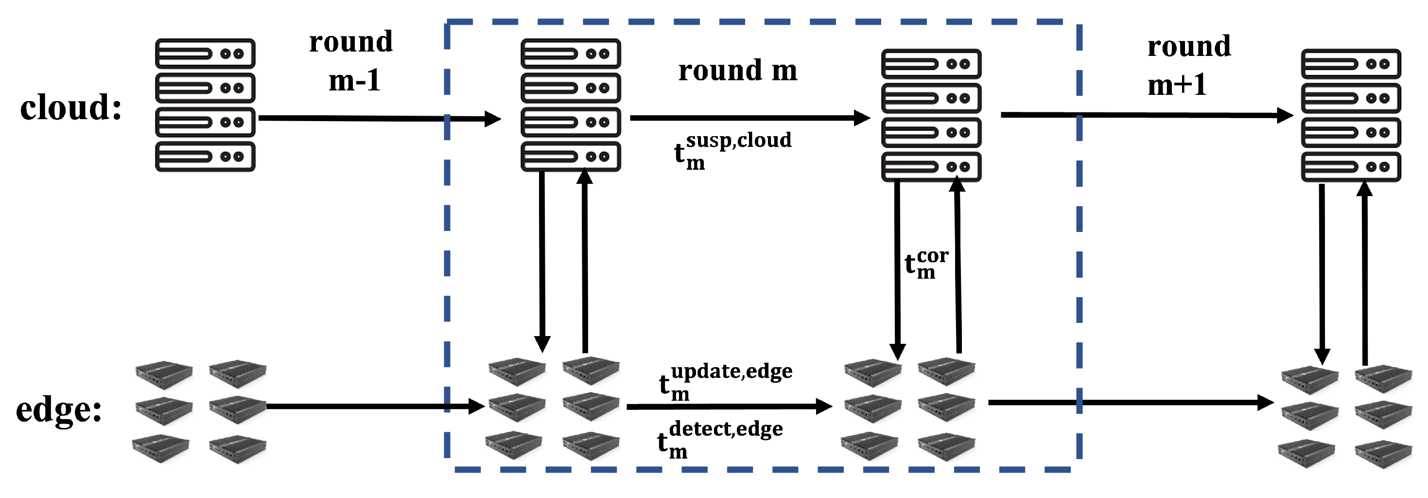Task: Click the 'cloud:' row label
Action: click(71, 107)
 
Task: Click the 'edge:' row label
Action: click(59, 410)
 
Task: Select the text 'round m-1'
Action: click(351, 61)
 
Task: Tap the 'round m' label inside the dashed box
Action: click(737, 71)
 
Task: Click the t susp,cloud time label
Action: click(731, 150)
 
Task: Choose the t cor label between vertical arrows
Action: click(926, 264)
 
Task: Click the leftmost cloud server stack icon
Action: click(205, 105)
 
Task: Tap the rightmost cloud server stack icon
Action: click(1350, 115)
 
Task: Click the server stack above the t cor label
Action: click(931, 115)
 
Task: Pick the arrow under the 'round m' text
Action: click(749, 118)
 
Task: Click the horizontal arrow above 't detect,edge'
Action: click(729, 407)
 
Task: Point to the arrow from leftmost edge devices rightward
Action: click(375, 407)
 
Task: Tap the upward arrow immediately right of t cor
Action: click(958, 266)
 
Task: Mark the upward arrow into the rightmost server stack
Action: click(1364, 272)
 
